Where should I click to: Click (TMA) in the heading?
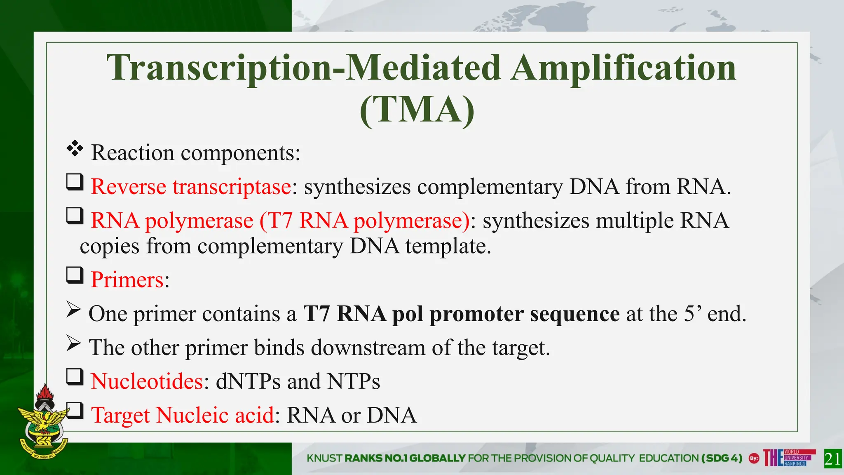pos(417,109)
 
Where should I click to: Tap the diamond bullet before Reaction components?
pos(75,149)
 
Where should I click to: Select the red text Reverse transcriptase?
pos(191,186)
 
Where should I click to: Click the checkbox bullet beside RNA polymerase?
pos(75,216)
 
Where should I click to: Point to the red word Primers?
pos(127,280)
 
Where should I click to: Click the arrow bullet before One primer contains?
pos(73,310)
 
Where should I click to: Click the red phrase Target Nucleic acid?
pos(183,415)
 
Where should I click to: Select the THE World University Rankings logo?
pos(788,458)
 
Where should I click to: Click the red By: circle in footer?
pos(754,458)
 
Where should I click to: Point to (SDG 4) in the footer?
pos(722,458)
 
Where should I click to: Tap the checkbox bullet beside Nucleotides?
pos(75,377)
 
